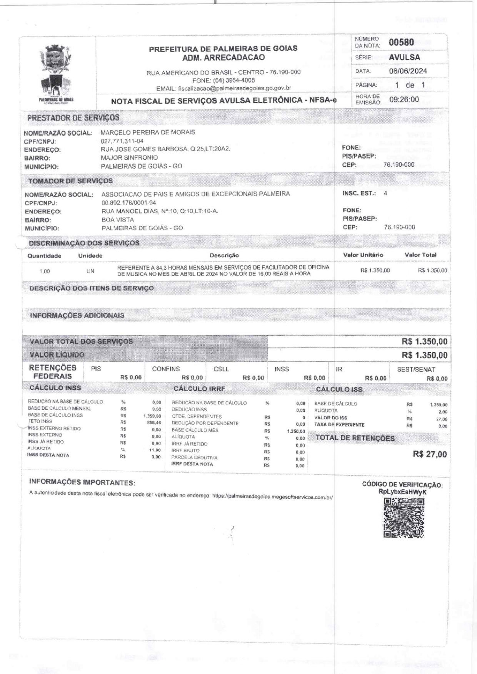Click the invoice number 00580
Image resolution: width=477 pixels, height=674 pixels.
click(x=401, y=42)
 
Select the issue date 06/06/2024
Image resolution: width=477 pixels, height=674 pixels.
click(x=408, y=71)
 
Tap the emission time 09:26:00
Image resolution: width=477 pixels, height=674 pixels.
click(x=404, y=100)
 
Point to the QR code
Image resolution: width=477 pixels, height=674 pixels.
click(x=404, y=518)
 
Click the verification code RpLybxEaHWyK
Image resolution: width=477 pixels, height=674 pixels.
click(x=402, y=492)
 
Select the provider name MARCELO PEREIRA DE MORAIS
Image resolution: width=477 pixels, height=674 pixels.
click(x=148, y=132)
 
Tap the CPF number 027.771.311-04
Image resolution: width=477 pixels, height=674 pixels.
click(x=122, y=141)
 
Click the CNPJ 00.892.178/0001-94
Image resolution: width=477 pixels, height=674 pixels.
click(x=129, y=203)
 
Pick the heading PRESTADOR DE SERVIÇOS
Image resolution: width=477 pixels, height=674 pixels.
click(x=73, y=118)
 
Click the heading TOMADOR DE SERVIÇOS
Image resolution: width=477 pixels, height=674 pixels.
click(x=70, y=181)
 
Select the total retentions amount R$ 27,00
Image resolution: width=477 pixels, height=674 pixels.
click(x=430, y=454)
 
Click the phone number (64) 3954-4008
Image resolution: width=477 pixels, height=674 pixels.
click(x=233, y=80)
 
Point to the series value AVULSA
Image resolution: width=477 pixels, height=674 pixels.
click(x=404, y=57)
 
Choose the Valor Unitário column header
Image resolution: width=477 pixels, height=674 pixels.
click(x=363, y=255)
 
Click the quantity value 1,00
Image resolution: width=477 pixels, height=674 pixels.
click(x=45, y=272)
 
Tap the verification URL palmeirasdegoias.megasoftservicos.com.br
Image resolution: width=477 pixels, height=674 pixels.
click(x=272, y=497)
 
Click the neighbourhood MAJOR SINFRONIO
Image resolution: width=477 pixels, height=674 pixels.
click(x=129, y=157)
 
